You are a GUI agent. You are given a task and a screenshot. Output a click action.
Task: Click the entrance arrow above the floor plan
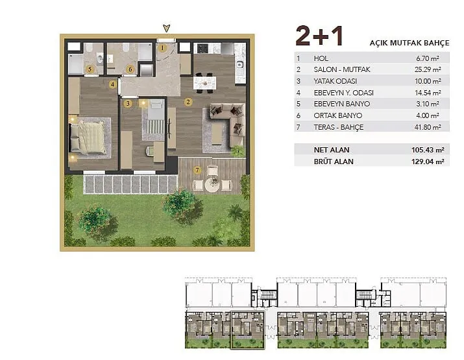pyautogui.click(x=167, y=28)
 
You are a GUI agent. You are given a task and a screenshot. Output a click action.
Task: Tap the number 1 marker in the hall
pyautogui.click(x=162, y=47)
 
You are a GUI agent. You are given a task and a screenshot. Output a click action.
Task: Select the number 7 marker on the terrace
pyautogui.click(x=197, y=170)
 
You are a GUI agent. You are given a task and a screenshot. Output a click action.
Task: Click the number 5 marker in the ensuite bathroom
pyautogui.click(x=90, y=69)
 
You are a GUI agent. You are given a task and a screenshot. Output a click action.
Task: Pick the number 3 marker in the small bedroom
pyautogui.click(x=128, y=104)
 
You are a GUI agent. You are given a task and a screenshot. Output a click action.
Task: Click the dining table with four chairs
pyautogui.click(x=204, y=83)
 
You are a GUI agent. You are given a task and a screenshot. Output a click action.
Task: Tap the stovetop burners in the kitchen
pyautogui.click(x=202, y=48)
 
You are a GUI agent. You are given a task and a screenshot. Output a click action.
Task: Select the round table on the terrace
pyautogui.click(x=212, y=185)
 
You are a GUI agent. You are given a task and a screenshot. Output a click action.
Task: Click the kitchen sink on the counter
pyautogui.click(x=239, y=64)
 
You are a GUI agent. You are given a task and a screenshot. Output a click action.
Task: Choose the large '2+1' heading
pyautogui.click(x=319, y=36)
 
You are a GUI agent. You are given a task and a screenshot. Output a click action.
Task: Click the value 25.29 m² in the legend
pyautogui.click(x=428, y=69)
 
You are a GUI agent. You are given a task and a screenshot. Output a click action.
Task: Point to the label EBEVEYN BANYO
pyautogui.click(x=342, y=104)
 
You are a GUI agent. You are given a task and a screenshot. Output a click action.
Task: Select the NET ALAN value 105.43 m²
pyautogui.click(x=428, y=150)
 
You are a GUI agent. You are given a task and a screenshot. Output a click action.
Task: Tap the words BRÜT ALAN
pyautogui.click(x=334, y=162)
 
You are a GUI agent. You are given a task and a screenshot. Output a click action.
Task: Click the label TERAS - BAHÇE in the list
pyautogui.click(x=339, y=127)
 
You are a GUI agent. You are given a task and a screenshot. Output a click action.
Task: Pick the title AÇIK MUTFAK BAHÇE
pyautogui.click(x=409, y=43)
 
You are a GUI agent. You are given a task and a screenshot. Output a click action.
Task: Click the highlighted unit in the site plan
pyautogui.click(x=247, y=330)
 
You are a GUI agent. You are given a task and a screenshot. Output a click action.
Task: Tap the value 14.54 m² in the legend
pyautogui.click(x=428, y=93)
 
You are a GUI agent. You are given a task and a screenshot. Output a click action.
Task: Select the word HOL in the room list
pyautogui.click(x=321, y=58)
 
